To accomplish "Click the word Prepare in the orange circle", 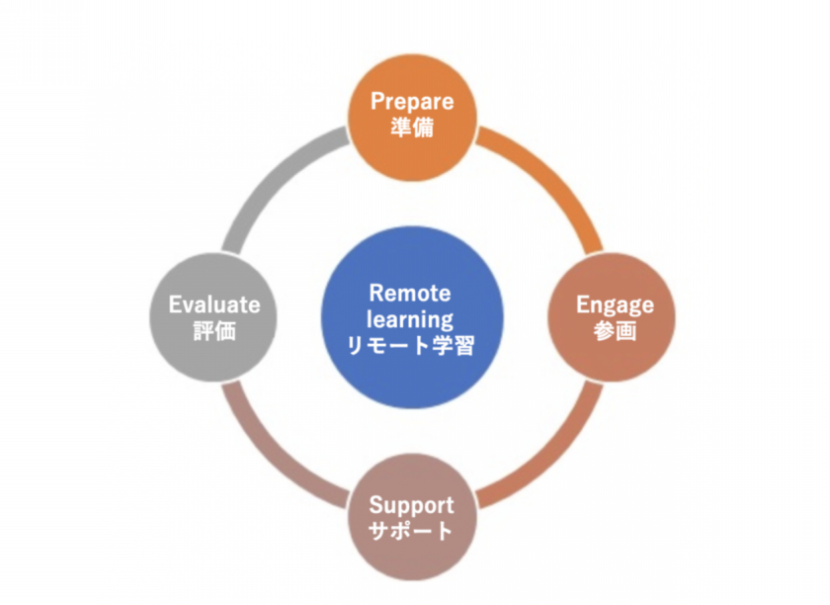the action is click(x=412, y=101).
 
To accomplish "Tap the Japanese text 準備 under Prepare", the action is click(x=412, y=128).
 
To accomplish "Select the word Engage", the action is click(x=615, y=305).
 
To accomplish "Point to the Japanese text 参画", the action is click(x=615, y=330).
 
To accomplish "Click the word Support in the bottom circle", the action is click(x=411, y=506).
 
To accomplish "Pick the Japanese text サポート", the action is click(x=410, y=530).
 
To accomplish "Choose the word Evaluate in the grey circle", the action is click(x=214, y=304).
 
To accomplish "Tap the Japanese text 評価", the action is click(x=214, y=330).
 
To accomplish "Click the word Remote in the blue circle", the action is click(x=410, y=293).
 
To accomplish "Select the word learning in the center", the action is click(x=410, y=319).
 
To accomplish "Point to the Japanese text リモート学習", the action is click(x=410, y=345).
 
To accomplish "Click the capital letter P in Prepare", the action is click(x=377, y=101).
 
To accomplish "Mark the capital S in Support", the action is click(x=376, y=505).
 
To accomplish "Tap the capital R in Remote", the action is click(x=376, y=293).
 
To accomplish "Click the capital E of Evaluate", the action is click(x=175, y=304).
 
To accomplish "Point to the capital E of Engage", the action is click(x=582, y=304).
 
